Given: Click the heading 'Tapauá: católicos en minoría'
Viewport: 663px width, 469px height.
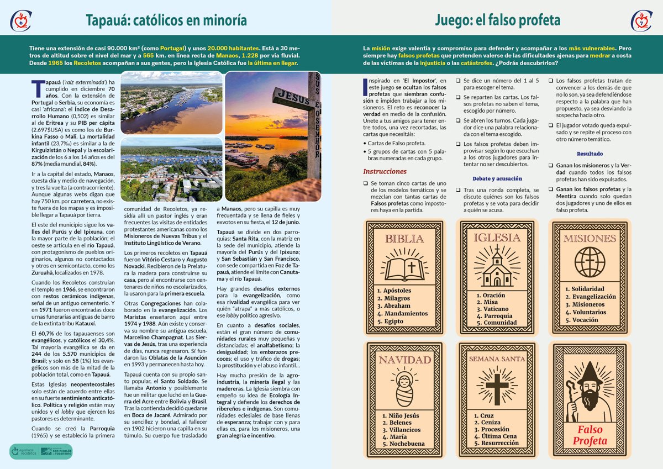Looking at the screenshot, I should pos(166,20).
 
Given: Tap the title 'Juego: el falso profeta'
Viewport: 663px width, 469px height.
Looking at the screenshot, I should pos(497,20).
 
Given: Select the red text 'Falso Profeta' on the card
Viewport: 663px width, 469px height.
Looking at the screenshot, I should pos(590,435).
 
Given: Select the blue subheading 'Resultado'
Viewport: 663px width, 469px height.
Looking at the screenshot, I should pos(590,154).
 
